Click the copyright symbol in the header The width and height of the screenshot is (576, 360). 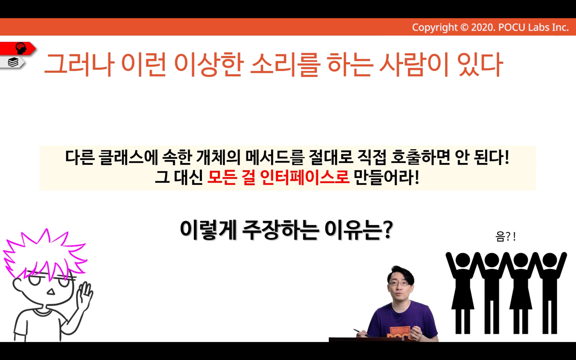point(464,27)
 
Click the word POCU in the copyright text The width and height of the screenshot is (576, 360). point(512,27)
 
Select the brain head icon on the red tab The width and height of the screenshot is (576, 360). point(21,48)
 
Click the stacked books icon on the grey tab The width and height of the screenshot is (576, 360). point(13,62)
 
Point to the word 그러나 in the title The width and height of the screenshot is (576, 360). point(79,64)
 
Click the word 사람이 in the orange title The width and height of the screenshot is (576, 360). point(414,64)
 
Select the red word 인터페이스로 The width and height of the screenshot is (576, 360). point(305,177)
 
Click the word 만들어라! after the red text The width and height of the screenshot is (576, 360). point(387,177)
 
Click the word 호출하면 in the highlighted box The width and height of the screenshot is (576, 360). point(421,157)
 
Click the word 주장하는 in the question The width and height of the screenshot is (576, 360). point(280,230)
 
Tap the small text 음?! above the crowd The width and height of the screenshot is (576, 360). point(505,237)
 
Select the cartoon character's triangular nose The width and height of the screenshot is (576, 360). point(51,291)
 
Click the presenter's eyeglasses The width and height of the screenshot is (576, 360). point(399,284)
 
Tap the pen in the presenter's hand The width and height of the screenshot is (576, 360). point(362,333)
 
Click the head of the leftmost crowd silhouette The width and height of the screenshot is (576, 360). point(462,260)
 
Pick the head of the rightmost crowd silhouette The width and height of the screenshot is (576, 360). point(549,260)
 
